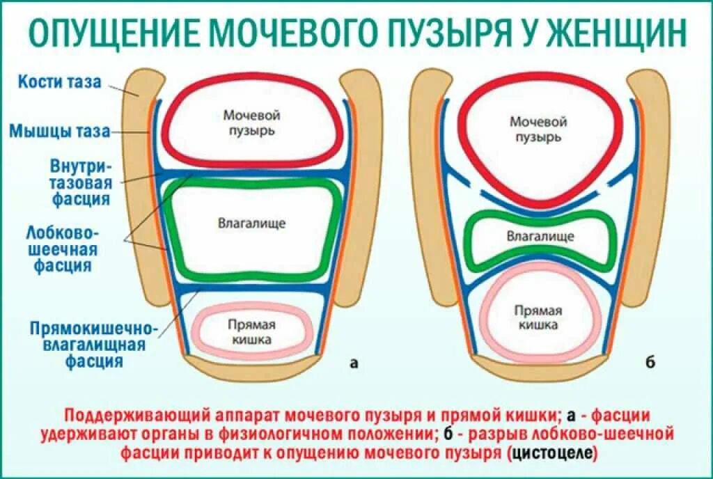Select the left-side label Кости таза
[x=59, y=81]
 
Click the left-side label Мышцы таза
[x=60, y=130]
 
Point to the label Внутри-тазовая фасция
[x=81, y=182]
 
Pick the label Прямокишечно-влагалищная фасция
[x=94, y=344]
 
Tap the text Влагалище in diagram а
[x=251, y=223]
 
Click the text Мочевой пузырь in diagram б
[x=538, y=129]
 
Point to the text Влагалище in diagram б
[x=540, y=236]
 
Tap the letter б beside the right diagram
[x=650, y=362]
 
